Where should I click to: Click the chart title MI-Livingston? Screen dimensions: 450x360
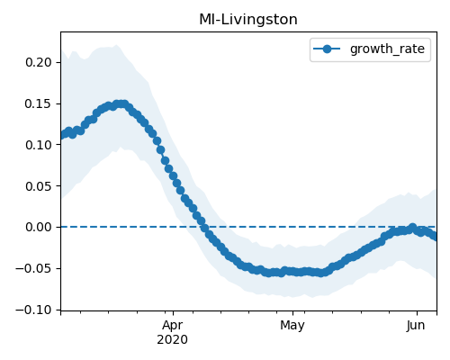(248, 20)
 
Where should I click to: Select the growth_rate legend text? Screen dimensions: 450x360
(387, 49)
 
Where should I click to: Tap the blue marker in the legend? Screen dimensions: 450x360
(327, 49)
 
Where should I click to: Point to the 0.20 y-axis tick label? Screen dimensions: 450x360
(39, 62)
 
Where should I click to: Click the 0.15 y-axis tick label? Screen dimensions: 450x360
(39, 103)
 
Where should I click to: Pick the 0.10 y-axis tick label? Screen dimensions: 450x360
(39, 145)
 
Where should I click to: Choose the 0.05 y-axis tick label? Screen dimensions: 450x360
(39, 186)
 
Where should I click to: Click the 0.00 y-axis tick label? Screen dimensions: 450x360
(39, 227)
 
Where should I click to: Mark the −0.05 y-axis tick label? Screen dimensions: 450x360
(34, 268)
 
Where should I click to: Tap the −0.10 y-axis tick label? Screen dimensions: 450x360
(34, 310)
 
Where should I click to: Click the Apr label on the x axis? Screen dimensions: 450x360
(173, 326)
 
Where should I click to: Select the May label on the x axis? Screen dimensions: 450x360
(292, 326)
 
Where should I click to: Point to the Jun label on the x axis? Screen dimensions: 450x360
(416, 326)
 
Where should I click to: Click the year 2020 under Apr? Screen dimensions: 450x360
(173, 339)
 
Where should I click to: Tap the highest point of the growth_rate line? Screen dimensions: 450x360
(121, 104)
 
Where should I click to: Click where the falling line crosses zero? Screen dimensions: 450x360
(204, 227)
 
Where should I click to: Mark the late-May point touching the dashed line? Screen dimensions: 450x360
(413, 227)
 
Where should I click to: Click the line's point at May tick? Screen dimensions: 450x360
(292, 272)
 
